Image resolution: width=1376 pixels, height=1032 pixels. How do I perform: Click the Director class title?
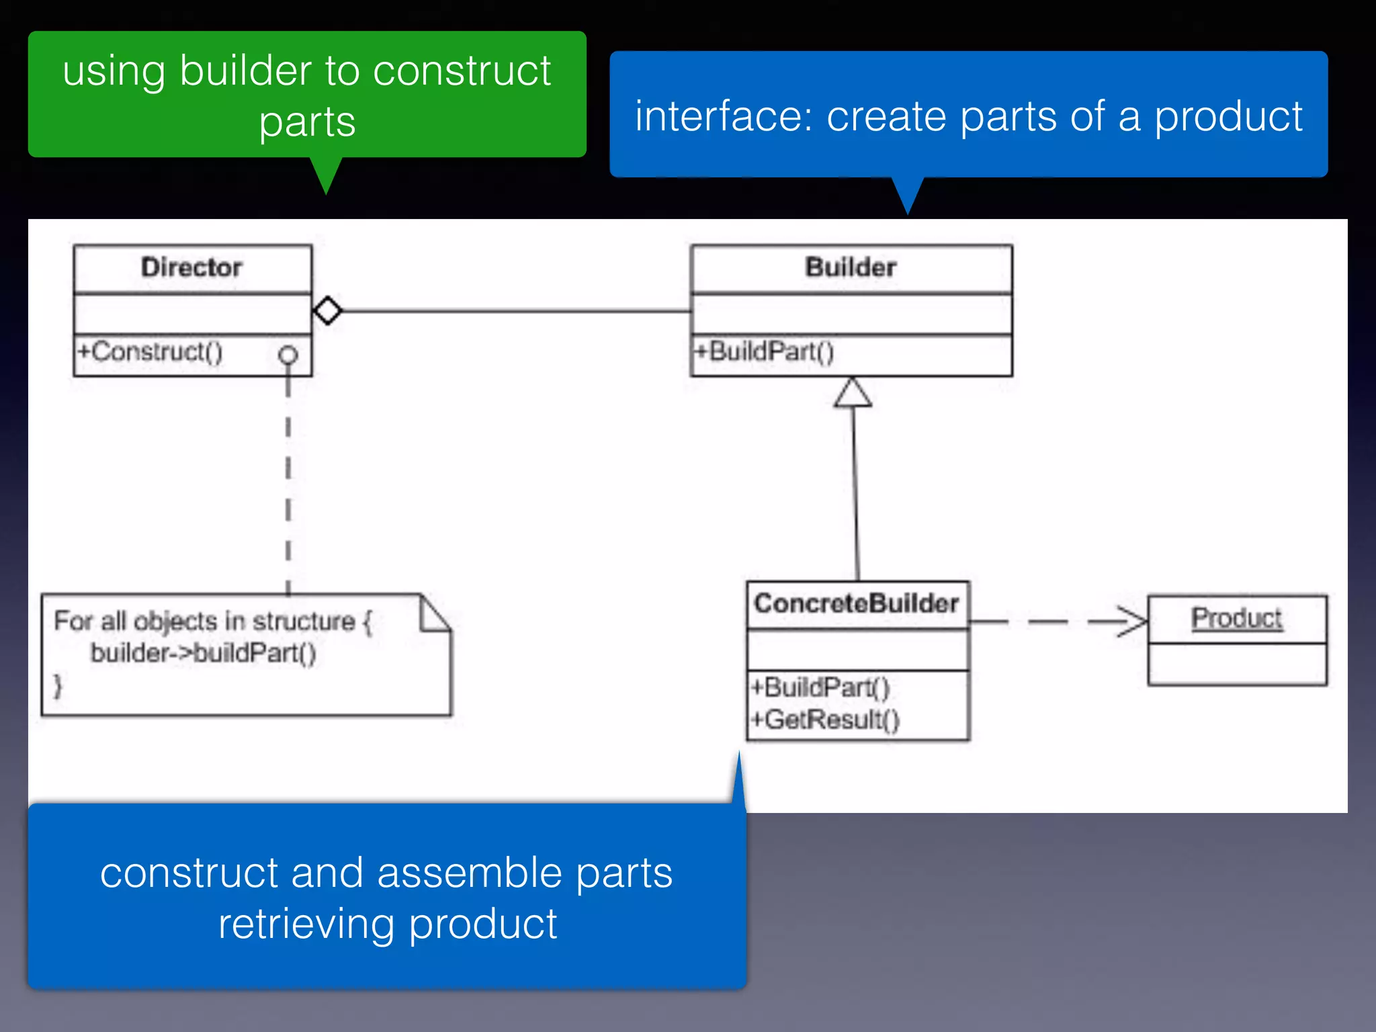pyautogui.click(x=191, y=267)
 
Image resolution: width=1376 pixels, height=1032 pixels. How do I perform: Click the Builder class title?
pyautogui.click(x=851, y=267)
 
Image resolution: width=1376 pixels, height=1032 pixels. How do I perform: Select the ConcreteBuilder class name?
pyautogui.click(x=856, y=603)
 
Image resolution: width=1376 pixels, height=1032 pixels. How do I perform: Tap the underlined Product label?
pyautogui.click(x=1236, y=618)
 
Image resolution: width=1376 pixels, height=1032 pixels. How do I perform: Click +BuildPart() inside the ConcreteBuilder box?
pyautogui.click(x=820, y=687)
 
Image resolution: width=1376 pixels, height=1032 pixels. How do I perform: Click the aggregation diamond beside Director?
pyautogui.click(x=328, y=310)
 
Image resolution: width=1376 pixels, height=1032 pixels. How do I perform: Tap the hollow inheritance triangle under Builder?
pyautogui.click(x=853, y=394)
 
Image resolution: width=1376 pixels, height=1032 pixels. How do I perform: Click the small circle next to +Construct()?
pyautogui.click(x=288, y=354)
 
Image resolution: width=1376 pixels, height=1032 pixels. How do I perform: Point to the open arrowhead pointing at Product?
pyautogui.click(x=1135, y=621)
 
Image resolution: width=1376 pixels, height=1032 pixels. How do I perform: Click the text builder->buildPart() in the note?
pyautogui.click(x=203, y=653)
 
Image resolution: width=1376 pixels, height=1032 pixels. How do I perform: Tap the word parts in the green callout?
pyautogui.click(x=307, y=122)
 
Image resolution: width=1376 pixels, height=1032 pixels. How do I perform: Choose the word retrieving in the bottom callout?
pyautogui.click(x=306, y=924)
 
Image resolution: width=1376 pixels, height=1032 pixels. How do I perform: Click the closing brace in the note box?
pyautogui.click(x=58, y=685)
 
